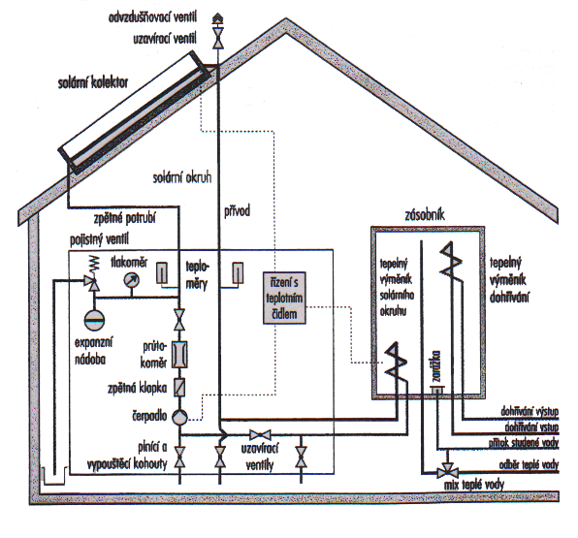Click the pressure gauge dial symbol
click(x=131, y=280)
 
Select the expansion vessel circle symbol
click(x=94, y=320)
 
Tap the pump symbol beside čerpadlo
click(x=179, y=418)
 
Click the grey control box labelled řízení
click(x=284, y=299)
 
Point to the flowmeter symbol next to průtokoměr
click(x=179, y=355)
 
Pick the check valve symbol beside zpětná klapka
click(x=179, y=388)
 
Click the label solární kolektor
click(x=93, y=82)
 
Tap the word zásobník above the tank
click(x=425, y=214)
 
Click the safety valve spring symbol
click(x=95, y=265)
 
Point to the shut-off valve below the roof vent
click(x=218, y=39)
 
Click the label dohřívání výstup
click(x=530, y=411)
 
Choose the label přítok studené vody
click(x=524, y=443)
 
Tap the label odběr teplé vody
click(x=529, y=465)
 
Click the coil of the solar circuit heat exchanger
click(x=395, y=362)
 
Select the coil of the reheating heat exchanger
click(x=450, y=260)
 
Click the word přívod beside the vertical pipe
click(x=237, y=211)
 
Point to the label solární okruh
click(x=182, y=177)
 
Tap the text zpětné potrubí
click(x=124, y=218)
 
